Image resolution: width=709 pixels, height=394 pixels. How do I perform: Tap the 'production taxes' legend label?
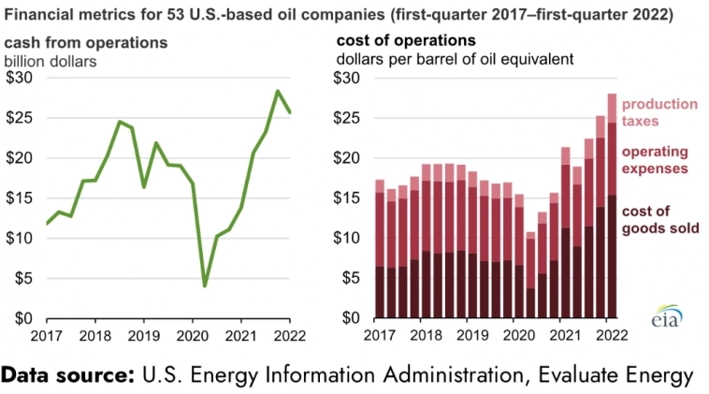pyautogui.click(x=660, y=112)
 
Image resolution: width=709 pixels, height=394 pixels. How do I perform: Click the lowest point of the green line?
pyautogui.click(x=205, y=285)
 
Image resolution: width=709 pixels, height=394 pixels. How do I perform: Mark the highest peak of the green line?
pyautogui.click(x=278, y=91)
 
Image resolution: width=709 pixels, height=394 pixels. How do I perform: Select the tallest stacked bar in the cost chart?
pyautogui.click(x=612, y=206)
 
